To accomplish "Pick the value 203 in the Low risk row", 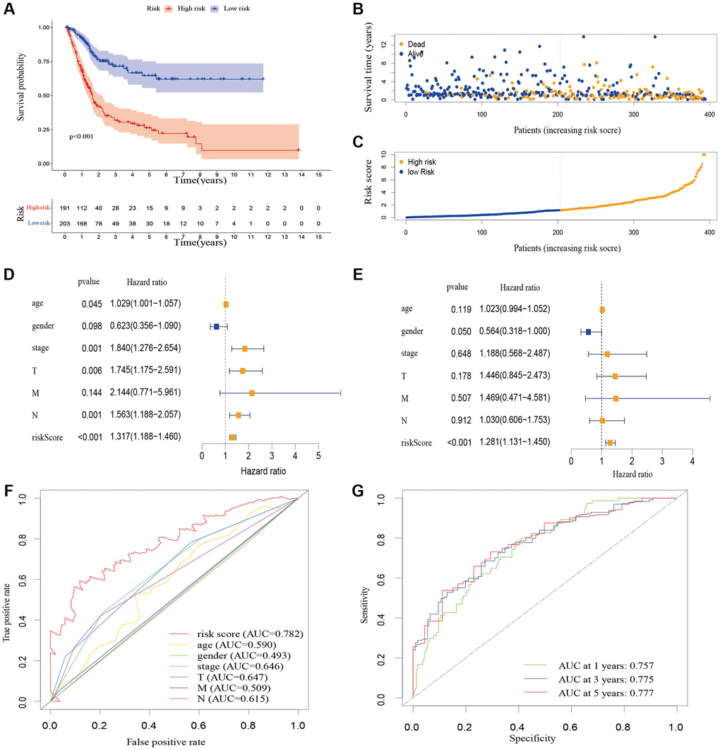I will tap(65, 223).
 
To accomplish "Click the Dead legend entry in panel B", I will tap(416, 44).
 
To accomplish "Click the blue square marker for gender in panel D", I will tap(216, 326).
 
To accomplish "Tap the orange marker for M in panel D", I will tap(252, 393).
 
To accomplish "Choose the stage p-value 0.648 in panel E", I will tap(462, 353).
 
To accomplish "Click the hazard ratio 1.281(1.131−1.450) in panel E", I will tap(516, 444).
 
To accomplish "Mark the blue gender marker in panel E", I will tap(588, 331).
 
